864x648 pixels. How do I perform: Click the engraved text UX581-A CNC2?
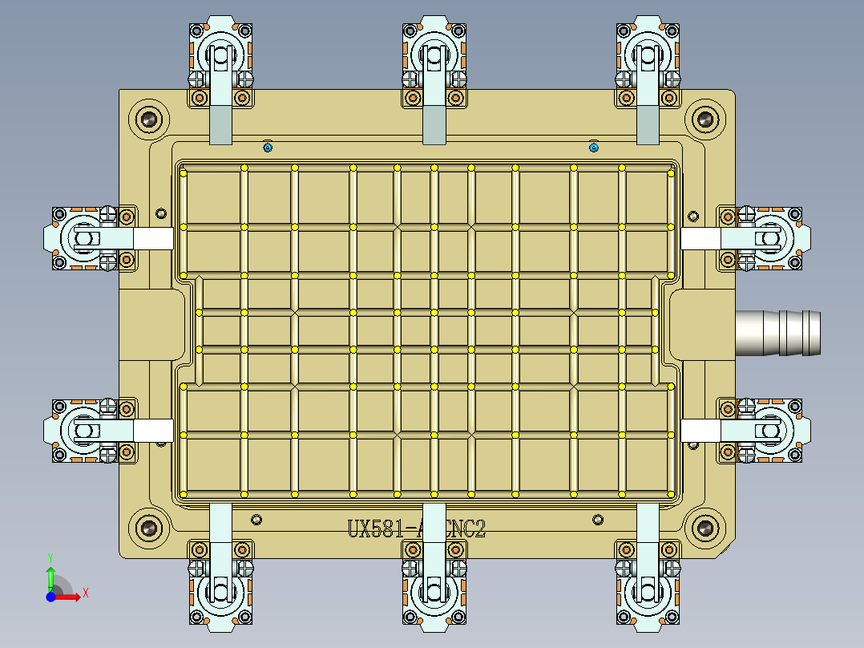pos(416,529)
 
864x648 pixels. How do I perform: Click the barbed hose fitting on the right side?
pos(778,332)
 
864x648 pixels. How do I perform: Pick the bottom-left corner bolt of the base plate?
pos(148,529)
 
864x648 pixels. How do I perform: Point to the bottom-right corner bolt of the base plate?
pos(705,529)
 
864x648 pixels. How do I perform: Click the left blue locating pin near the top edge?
pos(268,147)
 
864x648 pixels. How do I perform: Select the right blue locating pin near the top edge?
pos(594,147)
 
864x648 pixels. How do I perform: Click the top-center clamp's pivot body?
pos(434,56)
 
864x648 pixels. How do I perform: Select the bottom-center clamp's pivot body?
pos(434,593)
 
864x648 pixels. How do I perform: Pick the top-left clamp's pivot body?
pos(220,56)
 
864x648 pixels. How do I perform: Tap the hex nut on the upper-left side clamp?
pos(85,238)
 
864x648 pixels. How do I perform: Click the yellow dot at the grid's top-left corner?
pos(184,172)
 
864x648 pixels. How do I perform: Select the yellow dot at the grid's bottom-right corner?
pos(671,492)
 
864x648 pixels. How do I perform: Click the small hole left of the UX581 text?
pos(256,520)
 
